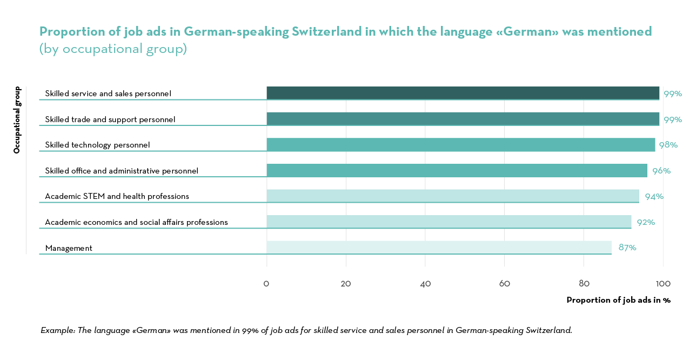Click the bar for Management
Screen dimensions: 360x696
click(x=439, y=247)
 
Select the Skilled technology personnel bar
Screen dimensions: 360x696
click(x=460, y=144)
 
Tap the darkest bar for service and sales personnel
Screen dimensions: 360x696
click(x=463, y=93)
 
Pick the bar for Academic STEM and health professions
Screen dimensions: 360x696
click(x=453, y=196)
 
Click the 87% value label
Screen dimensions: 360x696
click(x=627, y=248)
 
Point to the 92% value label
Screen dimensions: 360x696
click(x=646, y=222)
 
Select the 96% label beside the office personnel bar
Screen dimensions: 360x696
click(x=661, y=171)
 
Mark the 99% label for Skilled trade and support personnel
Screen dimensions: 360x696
click(x=673, y=119)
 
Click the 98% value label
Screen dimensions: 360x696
click(x=668, y=145)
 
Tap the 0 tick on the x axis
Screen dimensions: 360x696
click(x=266, y=284)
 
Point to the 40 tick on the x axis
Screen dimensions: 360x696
click(x=425, y=284)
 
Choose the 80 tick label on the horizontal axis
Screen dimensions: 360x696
click(x=584, y=284)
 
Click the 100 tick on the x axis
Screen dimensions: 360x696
click(x=663, y=284)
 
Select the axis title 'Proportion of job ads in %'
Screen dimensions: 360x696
click(x=618, y=300)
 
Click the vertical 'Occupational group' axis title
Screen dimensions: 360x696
click(x=17, y=120)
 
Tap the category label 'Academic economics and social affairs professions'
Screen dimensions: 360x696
click(x=136, y=222)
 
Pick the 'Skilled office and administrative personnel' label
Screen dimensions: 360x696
click(x=122, y=171)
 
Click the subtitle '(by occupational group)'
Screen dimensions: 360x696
click(x=113, y=49)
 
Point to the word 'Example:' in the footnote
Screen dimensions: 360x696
click(x=58, y=330)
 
